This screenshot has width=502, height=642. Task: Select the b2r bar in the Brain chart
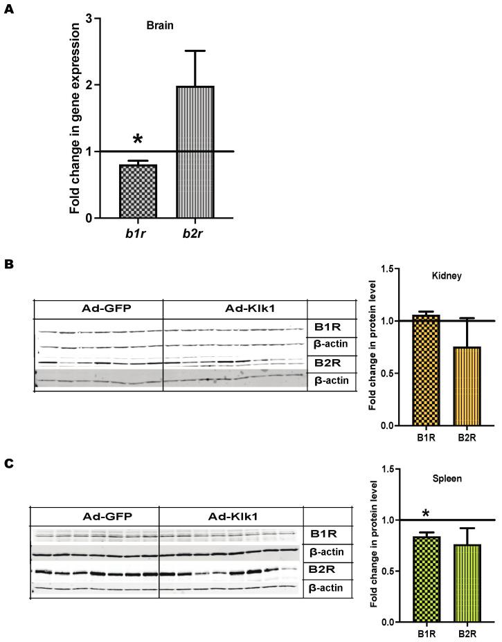click(195, 152)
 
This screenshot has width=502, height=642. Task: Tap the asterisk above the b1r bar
click(137, 140)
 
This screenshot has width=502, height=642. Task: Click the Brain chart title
click(159, 26)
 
